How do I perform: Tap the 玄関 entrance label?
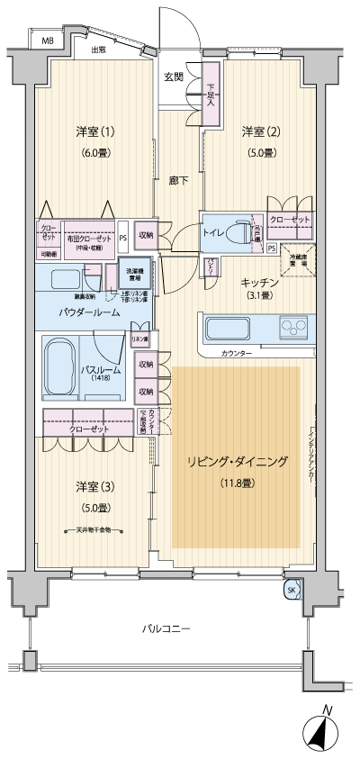pyautogui.click(x=174, y=77)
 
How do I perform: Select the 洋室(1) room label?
pyautogui.click(x=94, y=132)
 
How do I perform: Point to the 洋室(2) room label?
pyautogui.click(x=260, y=132)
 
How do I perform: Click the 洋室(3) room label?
pyautogui.click(x=94, y=487)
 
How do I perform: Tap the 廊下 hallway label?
pyautogui.click(x=177, y=180)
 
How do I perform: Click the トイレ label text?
pyautogui.click(x=212, y=230)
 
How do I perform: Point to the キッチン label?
pyautogui.click(x=260, y=282)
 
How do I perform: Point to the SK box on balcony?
pyautogui.click(x=292, y=590)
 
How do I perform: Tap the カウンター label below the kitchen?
pyautogui.click(x=238, y=353)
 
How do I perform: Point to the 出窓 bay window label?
pyautogui.click(x=99, y=50)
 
